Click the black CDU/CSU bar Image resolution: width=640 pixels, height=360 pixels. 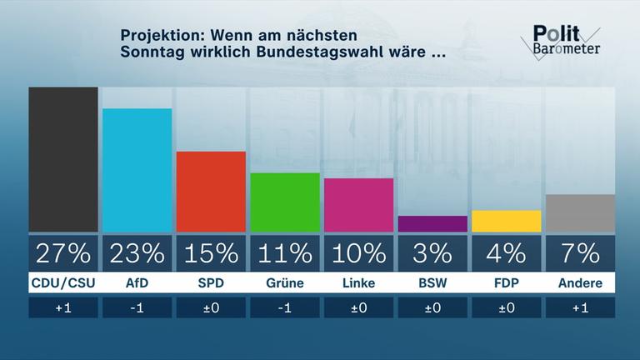(63, 159)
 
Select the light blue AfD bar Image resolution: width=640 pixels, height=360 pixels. (137, 170)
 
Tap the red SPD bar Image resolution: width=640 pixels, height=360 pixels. (211, 192)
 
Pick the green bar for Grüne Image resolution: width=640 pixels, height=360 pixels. (284, 202)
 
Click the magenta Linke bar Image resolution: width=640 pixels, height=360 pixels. (358, 205)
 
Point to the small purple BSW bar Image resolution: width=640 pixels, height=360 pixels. (432, 223)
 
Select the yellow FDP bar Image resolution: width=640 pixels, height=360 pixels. (506, 221)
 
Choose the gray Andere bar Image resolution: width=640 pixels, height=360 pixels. (579, 213)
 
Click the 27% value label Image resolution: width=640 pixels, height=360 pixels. (63, 252)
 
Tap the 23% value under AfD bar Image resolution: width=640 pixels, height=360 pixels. (137, 252)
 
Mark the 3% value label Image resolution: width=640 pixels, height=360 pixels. (432, 252)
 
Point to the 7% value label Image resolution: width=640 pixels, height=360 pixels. (579, 252)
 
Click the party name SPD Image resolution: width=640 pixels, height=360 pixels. (211, 283)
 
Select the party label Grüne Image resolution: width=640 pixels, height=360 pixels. (284, 283)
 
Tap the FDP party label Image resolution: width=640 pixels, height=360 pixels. (506, 283)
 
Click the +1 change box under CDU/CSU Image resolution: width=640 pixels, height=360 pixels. (63, 307)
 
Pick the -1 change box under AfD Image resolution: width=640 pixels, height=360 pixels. (137, 307)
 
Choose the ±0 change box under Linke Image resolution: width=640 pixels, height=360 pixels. (358, 307)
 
